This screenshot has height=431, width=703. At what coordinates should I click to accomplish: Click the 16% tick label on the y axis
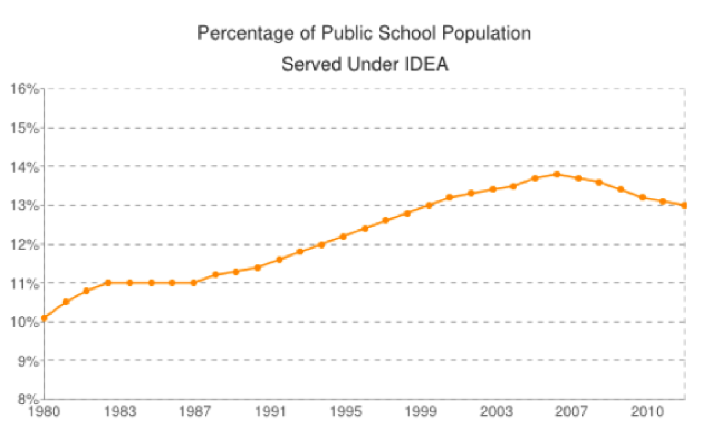click(x=24, y=89)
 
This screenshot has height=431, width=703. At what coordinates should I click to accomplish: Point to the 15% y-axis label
click(x=24, y=128)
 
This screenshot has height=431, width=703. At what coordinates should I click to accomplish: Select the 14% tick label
click(x=24, y=167)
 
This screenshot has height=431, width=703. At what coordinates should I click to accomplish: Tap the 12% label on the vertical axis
click(x=24, y=244)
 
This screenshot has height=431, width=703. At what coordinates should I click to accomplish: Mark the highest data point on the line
click(x=557, y=174)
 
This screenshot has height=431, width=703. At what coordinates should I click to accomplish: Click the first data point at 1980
click(x=45, y=318)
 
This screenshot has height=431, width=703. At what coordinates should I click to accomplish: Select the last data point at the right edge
click(x=684, y=205)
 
